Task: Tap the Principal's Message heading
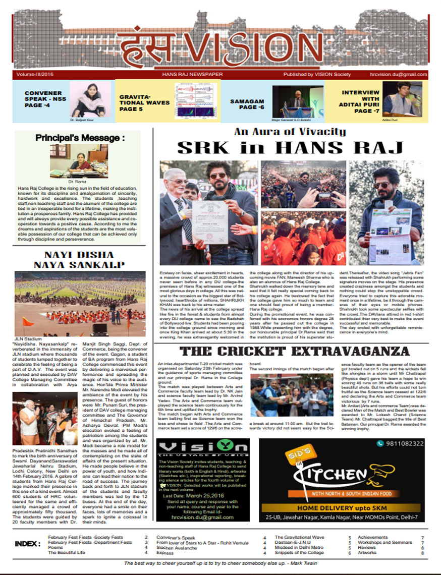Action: coord(80,138)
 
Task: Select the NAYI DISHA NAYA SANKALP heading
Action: coord(78,259)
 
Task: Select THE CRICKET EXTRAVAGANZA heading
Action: coord(294,351)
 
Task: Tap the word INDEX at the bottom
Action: coord(27,544)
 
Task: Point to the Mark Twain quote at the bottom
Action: coord(220,563)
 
